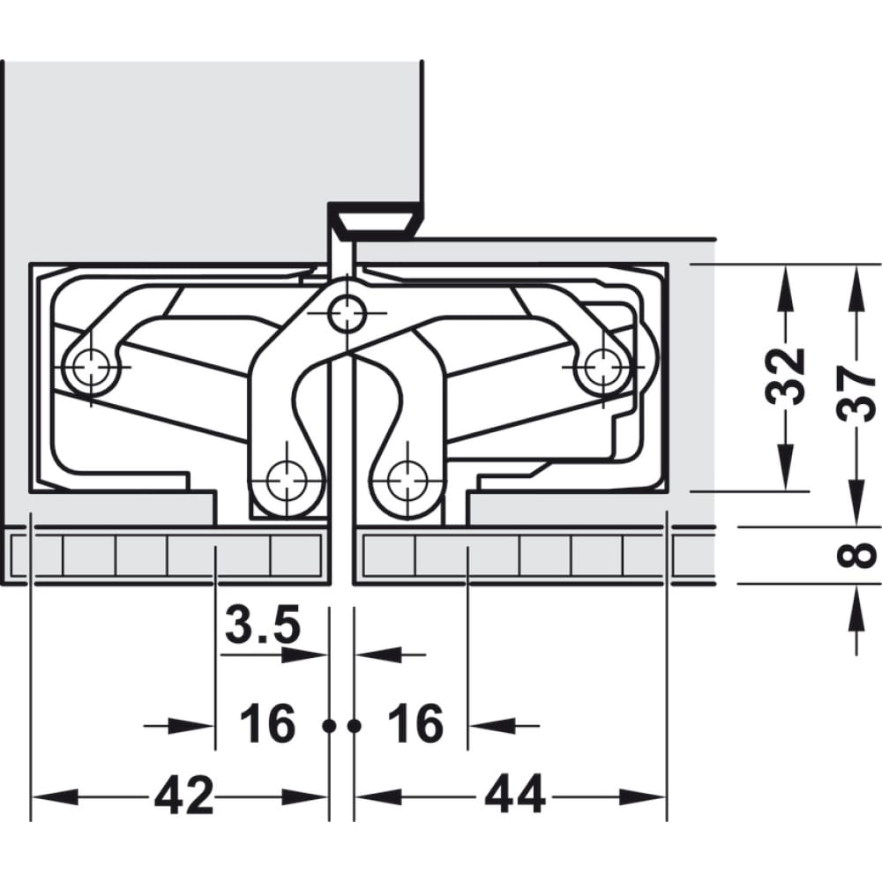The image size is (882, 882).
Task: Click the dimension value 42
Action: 184,795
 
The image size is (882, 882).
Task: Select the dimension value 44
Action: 515,795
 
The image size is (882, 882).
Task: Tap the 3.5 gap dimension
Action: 263,624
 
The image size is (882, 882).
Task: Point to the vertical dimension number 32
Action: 785,377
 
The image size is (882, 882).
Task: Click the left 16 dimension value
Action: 267,723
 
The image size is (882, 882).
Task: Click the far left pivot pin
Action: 91,367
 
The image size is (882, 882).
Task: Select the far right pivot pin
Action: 602,367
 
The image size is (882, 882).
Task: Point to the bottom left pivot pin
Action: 287,482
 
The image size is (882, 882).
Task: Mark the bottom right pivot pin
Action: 408,482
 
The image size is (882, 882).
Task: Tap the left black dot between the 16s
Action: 329,726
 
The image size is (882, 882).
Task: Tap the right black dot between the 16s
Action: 354,726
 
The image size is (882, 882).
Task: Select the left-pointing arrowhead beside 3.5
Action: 379,654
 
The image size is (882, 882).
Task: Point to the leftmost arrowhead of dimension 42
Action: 55,797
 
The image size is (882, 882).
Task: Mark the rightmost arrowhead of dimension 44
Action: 642,797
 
